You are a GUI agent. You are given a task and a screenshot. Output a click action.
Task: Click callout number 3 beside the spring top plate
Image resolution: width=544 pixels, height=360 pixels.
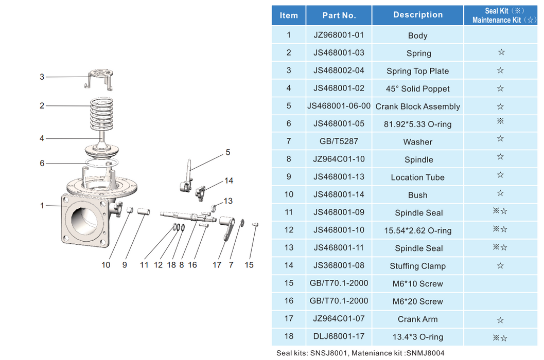(x=42, y=77)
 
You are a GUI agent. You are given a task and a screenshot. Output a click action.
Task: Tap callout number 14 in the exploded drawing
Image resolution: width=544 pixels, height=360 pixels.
(x=229, y=181)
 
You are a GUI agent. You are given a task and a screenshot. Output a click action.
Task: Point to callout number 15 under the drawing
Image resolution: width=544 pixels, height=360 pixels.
(x=249, y=265)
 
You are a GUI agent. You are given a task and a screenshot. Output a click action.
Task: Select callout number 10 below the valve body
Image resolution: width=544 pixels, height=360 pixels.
(x=106, y=265)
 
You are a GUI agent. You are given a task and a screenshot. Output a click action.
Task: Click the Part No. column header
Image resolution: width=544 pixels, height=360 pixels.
(x=339, y=15)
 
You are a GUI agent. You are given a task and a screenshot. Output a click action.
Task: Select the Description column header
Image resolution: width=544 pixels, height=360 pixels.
(x=418, y=15)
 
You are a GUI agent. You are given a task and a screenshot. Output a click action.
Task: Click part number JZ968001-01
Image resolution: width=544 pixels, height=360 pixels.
(x=339, y=35)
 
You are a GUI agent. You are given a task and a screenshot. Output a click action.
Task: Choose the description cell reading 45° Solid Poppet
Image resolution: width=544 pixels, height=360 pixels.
(x=418, y=89)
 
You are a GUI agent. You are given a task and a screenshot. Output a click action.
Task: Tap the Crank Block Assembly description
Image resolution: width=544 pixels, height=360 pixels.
(x=418, y=106)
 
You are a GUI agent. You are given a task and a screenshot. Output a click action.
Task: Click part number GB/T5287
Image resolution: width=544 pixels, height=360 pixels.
(x=339, y=142)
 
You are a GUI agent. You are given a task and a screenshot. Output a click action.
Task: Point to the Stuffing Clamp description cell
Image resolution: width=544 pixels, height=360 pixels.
(x=418, y=266)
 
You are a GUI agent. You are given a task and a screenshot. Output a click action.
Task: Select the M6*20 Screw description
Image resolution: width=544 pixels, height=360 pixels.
(x=418, y=302)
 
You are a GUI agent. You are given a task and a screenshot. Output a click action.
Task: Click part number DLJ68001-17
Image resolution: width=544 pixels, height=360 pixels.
(x=339, y=337)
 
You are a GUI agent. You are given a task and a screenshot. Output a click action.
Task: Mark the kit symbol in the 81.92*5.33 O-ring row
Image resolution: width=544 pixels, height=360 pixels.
(x=501, y=123)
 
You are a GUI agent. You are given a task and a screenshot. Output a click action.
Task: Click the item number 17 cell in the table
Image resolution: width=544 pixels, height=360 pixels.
(x=289, y=319)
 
